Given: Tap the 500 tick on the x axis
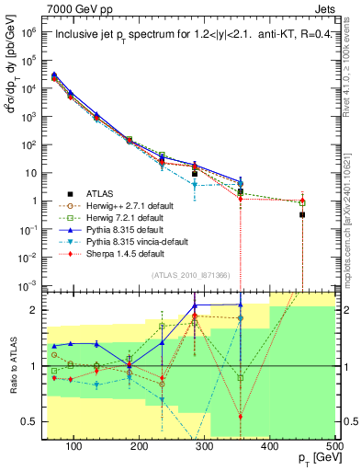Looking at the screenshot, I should pyautogui.click(x=334, y=447).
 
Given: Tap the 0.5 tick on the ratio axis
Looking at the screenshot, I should pyautogui.click(x=33, y=422).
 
